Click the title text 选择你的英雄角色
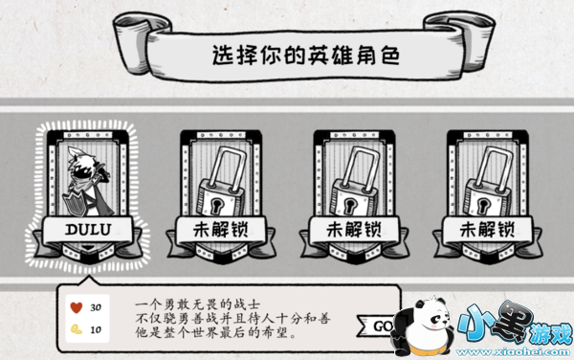click(x=306, y=56)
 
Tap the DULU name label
click(x=88, y=230)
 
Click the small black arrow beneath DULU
click(x=88, y=248)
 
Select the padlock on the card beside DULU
click(x=222, y=182)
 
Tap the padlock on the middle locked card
click(x=355, y=182)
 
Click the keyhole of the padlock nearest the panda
click(x=483, y=204)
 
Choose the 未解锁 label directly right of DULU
click(x=221, y=230)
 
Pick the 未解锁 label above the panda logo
click(x=487, y=230)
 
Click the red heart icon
click(x=77, y=307)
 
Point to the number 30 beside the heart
click(x=96, y=307)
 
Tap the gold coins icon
click(x=77, y=329)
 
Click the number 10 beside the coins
click(x=96, y=329)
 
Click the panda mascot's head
click(x=432, y=312)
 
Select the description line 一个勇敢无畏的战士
click(x=197, y=304)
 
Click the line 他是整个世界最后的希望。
click(x=215, y=332)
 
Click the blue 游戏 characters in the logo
click(x=552, y=333)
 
